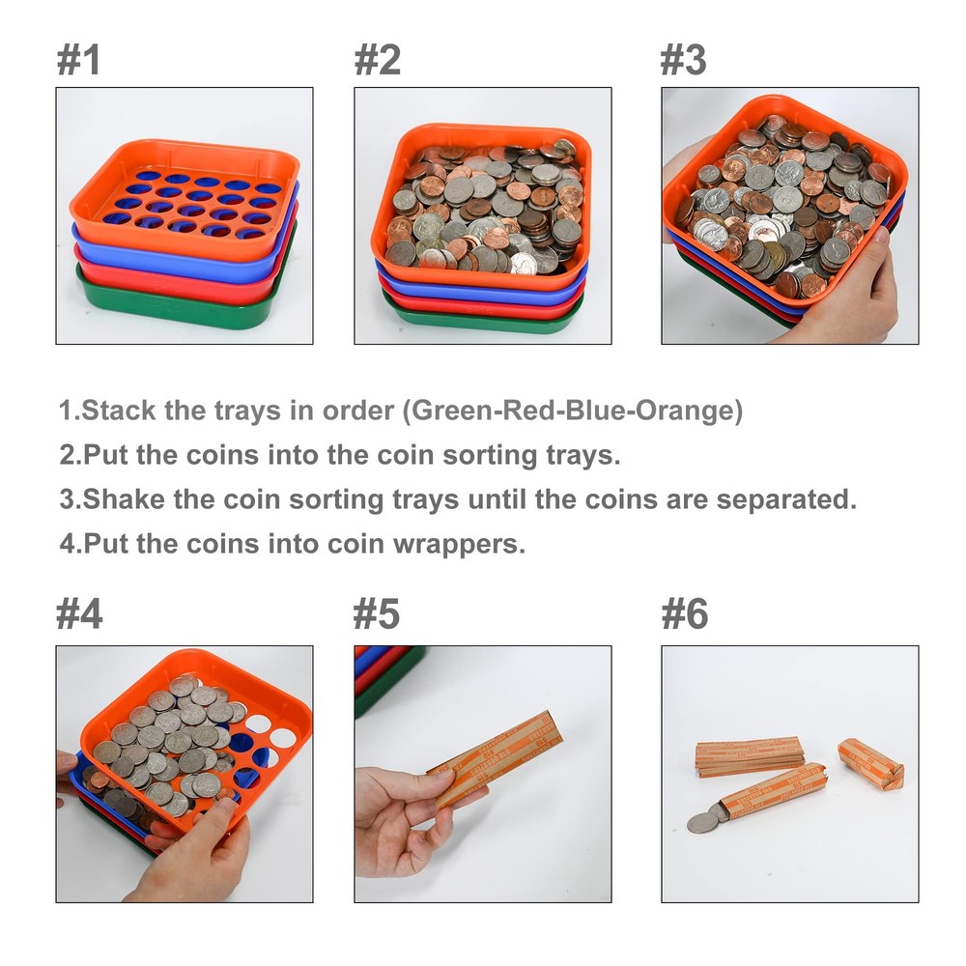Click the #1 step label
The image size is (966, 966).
point(78,59)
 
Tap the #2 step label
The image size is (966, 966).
point(377,59)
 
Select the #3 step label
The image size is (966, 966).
point(683,59)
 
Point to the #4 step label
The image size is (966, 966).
point(78,614)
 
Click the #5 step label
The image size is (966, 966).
point(377,614)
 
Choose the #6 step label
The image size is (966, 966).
point(683,614)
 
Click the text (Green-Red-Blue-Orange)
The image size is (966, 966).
point(573,411)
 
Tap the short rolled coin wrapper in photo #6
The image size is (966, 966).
point(869,763)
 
